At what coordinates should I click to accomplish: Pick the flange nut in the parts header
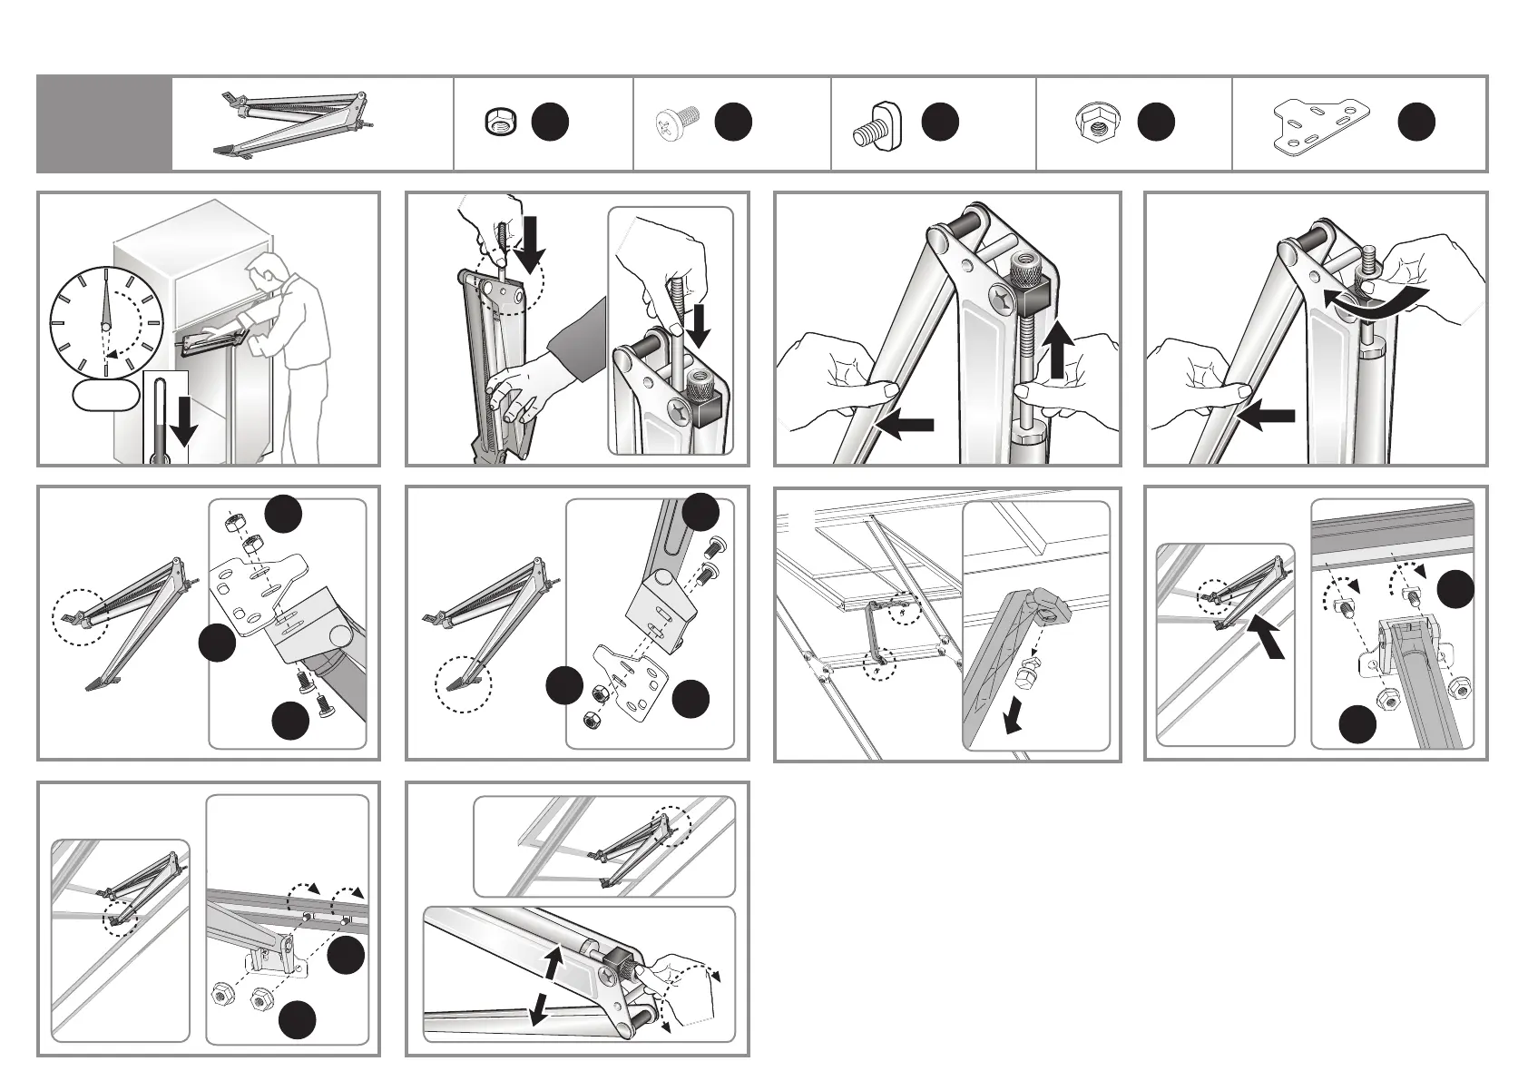click(1094, 123)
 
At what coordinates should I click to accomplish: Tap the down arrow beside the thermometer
click(184, 420)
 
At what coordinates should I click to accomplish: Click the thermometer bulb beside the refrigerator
click(161, 458)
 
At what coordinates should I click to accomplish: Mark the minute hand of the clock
click(106, 300)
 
